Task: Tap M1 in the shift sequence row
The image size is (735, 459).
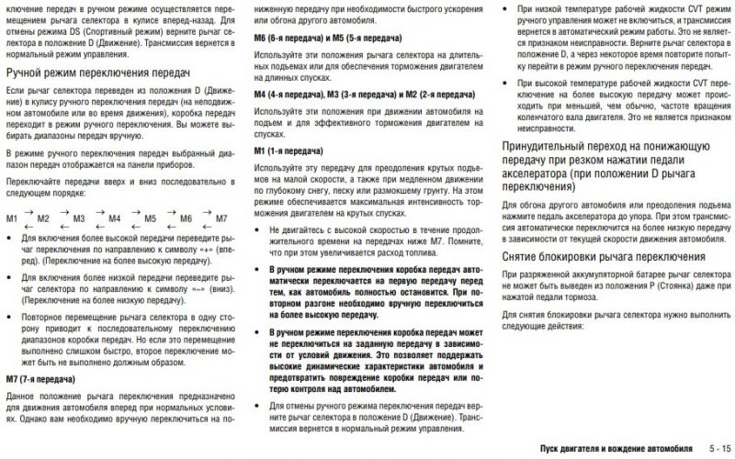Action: [x=12, y=219]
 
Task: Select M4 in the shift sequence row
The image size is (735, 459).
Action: [x=115, y=219]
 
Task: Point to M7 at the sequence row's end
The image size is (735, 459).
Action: [x=221, y=219]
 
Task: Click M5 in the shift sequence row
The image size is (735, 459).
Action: [x=151, y=219]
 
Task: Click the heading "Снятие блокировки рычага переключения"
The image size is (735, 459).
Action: [x=605, y=257]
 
